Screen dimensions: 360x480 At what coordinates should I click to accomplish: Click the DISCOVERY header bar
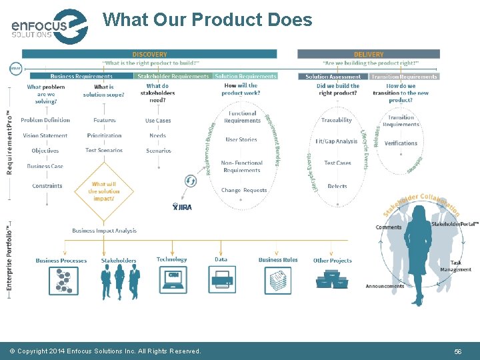(x=149, y=54)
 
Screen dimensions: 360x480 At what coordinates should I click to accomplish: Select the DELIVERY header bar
(x=369, y=54)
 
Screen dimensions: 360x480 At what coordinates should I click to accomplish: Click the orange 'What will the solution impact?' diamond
(x=103, y=191)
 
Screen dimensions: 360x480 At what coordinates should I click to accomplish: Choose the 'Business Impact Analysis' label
(x=104, y=231)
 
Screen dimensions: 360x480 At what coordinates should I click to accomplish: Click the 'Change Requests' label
(x=244, y=190)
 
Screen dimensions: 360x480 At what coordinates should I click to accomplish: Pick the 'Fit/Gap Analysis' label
(x=337, y=141)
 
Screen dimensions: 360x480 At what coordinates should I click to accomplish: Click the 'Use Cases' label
(x=158, y=121)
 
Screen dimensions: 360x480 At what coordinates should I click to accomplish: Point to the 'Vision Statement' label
(x=45, y=135)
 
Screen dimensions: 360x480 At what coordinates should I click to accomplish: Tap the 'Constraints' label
(x=47, y=186)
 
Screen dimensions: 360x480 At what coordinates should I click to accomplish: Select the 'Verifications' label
(x=401, y=143)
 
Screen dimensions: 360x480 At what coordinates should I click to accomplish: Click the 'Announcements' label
(x=385, y=287)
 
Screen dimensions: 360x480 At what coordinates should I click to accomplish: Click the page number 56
(x=457, y=351)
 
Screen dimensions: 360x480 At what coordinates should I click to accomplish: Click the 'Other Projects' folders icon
(x=332, y=279)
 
